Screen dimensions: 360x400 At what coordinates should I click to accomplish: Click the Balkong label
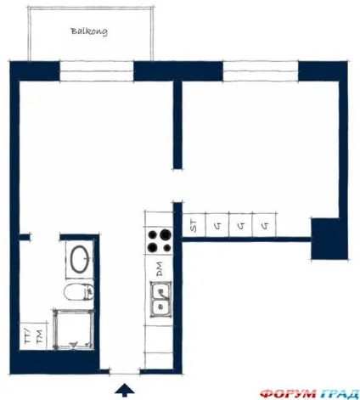tap(89, 31)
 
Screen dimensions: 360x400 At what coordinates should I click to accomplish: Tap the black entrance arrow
tap(125, 389)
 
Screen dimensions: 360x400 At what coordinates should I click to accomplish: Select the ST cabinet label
tap(194, 225)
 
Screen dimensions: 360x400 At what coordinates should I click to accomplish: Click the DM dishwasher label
tap(160, 269)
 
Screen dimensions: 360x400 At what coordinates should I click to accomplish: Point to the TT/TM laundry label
tap(33, 336)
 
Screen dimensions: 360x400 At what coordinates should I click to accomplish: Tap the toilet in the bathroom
tap(79, 292)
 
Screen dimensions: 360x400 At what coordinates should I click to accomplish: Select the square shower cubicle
tap(73, 330)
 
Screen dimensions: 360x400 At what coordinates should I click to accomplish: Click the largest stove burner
tap(166, 234)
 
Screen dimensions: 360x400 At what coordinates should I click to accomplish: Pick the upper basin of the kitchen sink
tap(160, 290)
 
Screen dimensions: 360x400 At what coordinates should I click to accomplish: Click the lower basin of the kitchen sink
tap(160, 307)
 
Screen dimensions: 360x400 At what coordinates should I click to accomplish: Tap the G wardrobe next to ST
tap(217, 224)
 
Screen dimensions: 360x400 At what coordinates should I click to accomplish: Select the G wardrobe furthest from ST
tap(264, 224)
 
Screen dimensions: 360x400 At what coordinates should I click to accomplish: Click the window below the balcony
tap(97, 71)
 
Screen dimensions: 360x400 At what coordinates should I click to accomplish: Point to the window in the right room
tap(261, 71)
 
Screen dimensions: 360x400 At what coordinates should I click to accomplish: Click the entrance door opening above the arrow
tap(125, 371)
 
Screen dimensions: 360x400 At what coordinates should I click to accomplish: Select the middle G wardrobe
tap(240, 224)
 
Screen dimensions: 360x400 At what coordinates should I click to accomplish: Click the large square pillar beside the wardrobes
tap(329, 239)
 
